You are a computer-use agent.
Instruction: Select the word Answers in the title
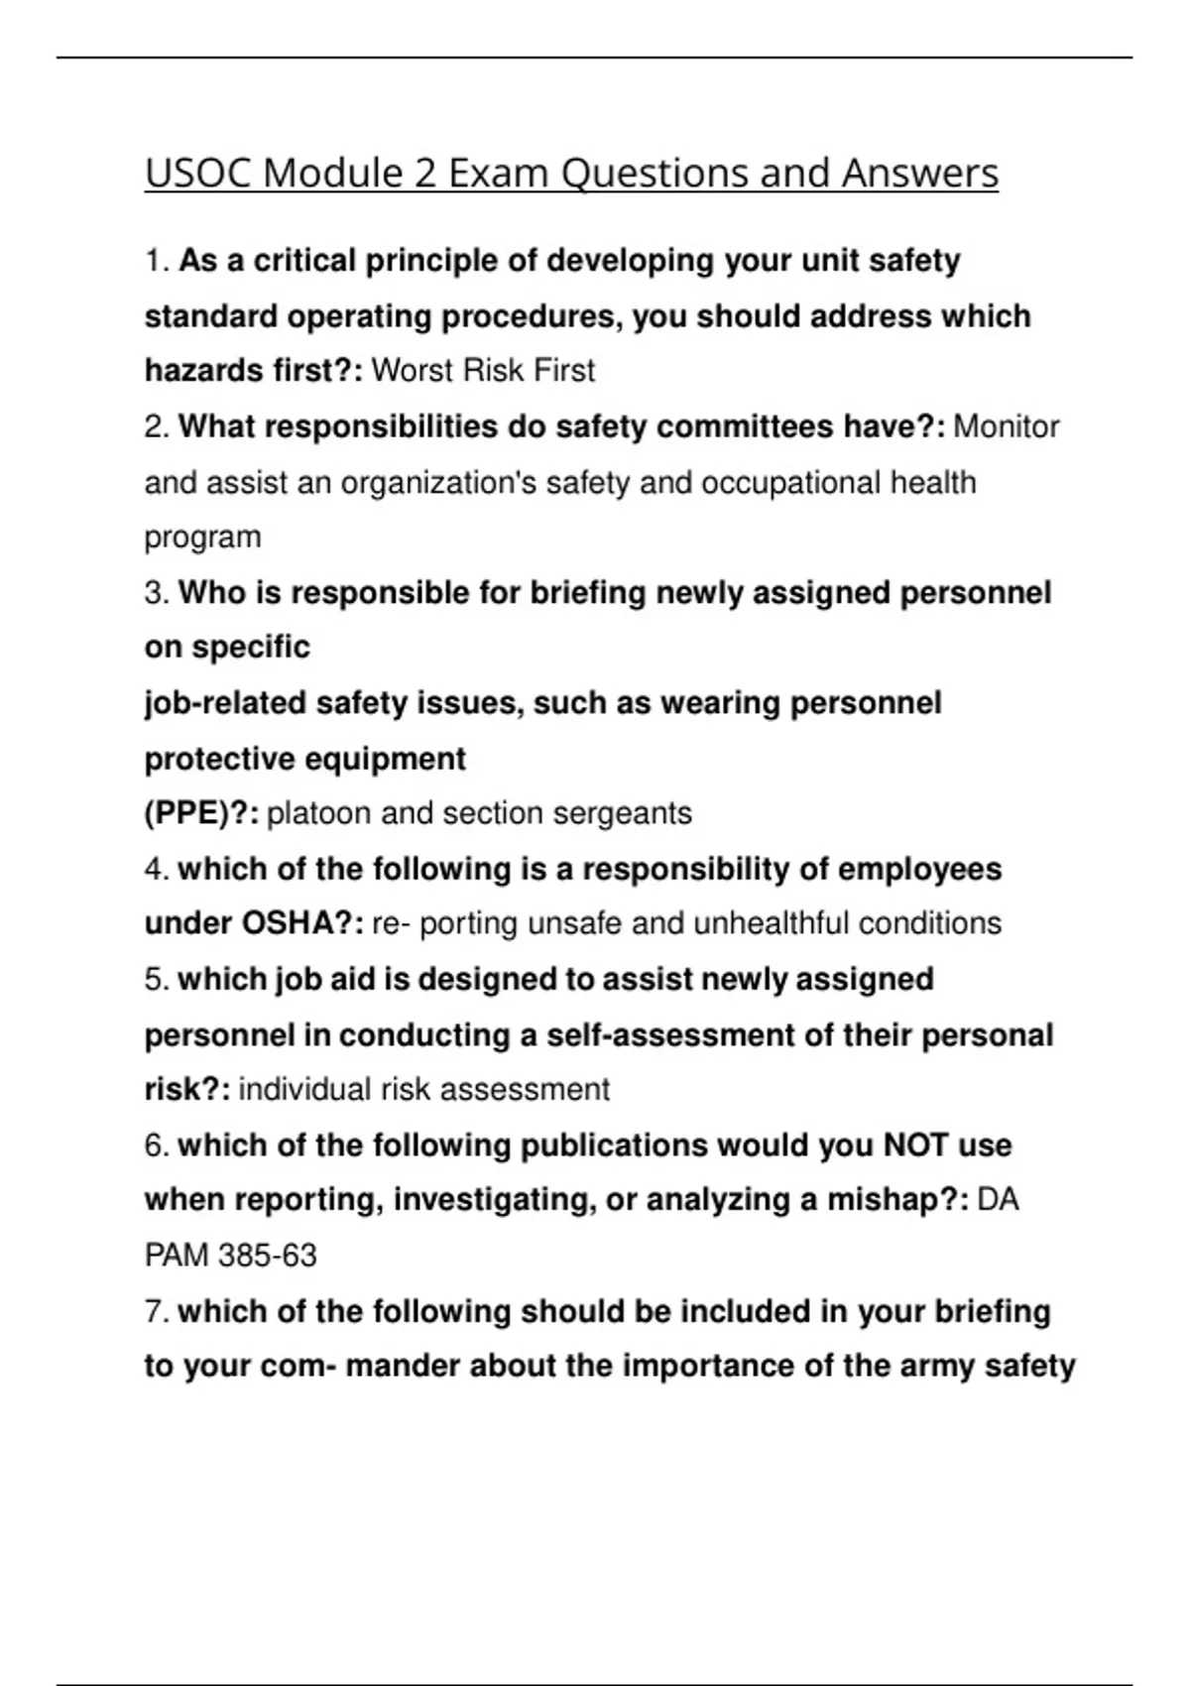point(919,174)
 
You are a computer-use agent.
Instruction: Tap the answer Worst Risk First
point(482,371)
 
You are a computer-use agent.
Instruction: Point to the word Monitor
point(1006,427)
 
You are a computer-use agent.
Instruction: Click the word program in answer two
point(202,538)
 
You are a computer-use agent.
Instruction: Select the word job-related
point(225,703)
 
